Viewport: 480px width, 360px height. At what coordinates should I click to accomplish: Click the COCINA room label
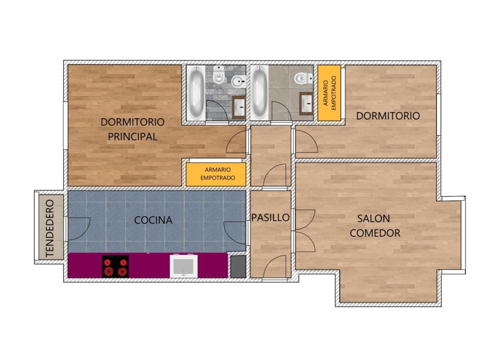153,220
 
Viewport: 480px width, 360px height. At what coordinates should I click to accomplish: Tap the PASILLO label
270,217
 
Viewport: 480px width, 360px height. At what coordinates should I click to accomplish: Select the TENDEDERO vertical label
50,228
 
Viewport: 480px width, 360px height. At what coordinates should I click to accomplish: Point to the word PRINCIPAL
132,137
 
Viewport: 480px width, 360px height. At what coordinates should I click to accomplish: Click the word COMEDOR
375,233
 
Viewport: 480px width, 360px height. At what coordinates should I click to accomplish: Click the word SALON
373,219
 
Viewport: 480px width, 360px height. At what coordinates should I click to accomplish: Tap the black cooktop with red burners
115,266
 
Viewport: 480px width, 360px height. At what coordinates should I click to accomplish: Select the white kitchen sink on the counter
184,266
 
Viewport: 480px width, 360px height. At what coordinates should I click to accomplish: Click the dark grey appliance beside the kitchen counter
238,267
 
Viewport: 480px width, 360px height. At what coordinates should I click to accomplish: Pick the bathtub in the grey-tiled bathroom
196,93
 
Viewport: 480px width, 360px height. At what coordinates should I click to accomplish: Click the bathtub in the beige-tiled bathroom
259,93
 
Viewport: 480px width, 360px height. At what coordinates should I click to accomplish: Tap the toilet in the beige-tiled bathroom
304,78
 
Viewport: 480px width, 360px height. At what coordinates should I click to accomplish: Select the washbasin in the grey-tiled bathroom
239,107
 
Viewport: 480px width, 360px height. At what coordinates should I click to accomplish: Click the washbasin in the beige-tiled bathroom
306,103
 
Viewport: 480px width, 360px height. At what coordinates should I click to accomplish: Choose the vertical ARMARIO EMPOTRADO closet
329,93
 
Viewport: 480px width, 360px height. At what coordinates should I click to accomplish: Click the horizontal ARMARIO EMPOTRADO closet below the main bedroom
216,174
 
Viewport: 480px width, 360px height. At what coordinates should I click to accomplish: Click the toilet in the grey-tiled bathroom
218,75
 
